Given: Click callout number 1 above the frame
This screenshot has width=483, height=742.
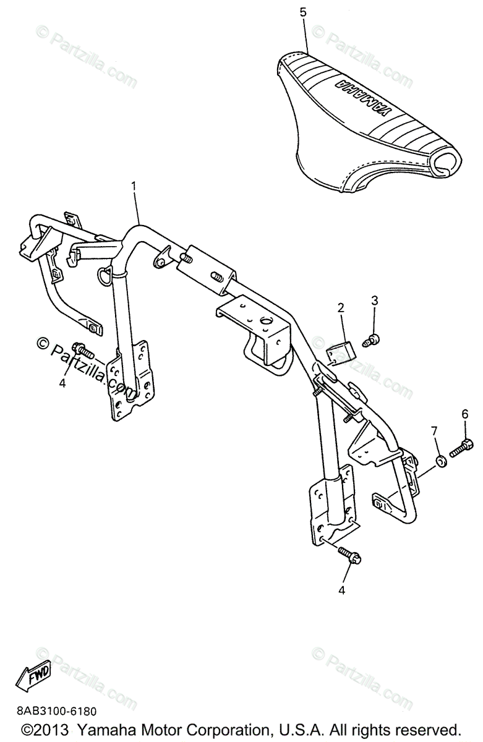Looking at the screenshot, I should click(134, 185).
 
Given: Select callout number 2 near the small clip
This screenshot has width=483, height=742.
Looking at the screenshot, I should click(340, 307).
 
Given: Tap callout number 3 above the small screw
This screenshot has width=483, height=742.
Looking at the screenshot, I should click(374, 301).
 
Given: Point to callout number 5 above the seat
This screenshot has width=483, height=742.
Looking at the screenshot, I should click(303, 12).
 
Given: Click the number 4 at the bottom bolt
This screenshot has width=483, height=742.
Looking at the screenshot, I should click(341, 591).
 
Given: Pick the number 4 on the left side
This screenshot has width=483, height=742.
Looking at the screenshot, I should click(62, 383).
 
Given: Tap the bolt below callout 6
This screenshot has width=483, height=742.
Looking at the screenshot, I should click(461, 448).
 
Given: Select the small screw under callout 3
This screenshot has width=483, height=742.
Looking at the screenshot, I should click(372, 338).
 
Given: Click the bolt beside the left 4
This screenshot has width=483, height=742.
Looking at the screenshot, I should click(83, 351).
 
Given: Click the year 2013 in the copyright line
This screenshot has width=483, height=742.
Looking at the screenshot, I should click(53, 729).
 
